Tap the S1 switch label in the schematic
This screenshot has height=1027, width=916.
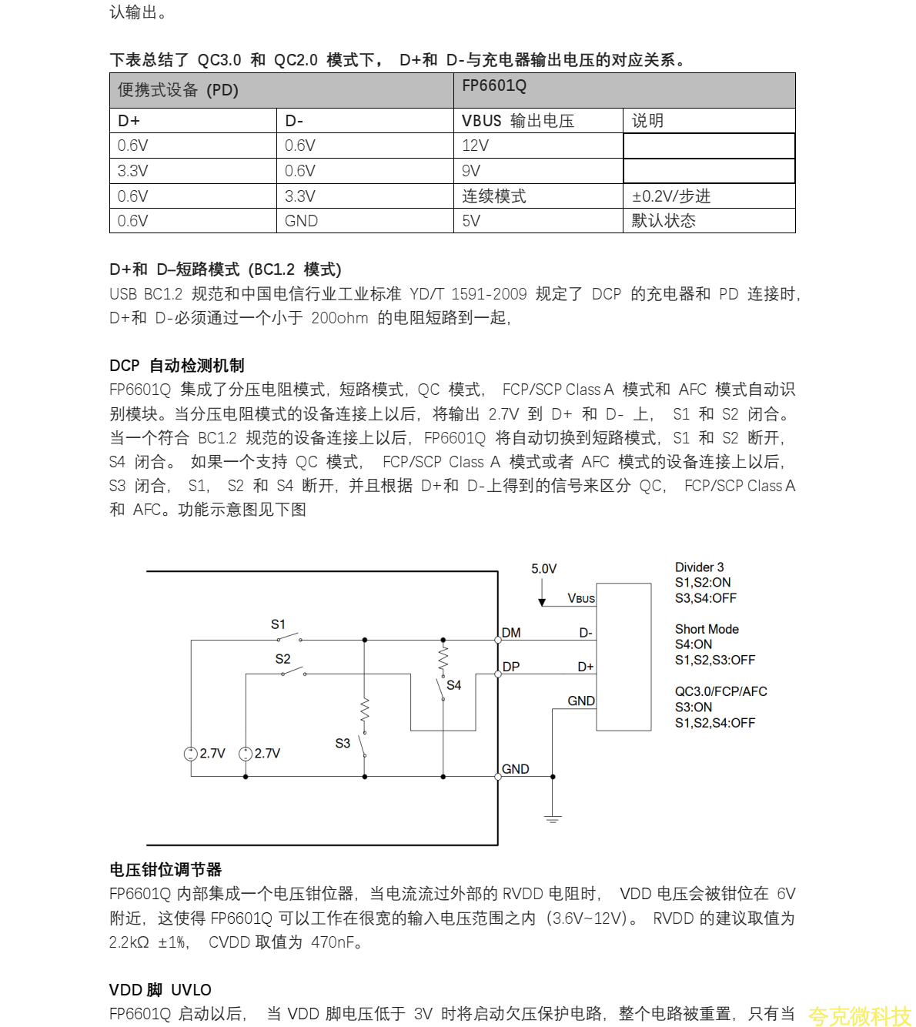click(x=278, y=624)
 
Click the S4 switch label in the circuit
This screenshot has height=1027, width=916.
click(x=453, y=685)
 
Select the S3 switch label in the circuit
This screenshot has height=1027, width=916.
click(x=343, y=743)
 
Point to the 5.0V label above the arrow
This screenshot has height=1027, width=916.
click(x=543, y=569)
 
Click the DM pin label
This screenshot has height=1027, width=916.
click(x=511, y=633)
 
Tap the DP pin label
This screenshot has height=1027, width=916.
click(x=511, y=667)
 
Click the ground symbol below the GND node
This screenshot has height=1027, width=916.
click(x=553, y=818)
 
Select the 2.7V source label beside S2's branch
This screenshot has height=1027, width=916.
click(x=267, y=753)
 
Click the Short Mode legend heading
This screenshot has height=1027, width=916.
click(x=707, y=629)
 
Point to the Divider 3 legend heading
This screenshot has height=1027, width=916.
click(x=699, y=567)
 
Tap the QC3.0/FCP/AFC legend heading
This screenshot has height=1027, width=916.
click(x=720, y=691)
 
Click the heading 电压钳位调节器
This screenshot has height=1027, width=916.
click(x=165, y=869)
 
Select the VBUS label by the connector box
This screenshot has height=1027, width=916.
click(x=581, y=598)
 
